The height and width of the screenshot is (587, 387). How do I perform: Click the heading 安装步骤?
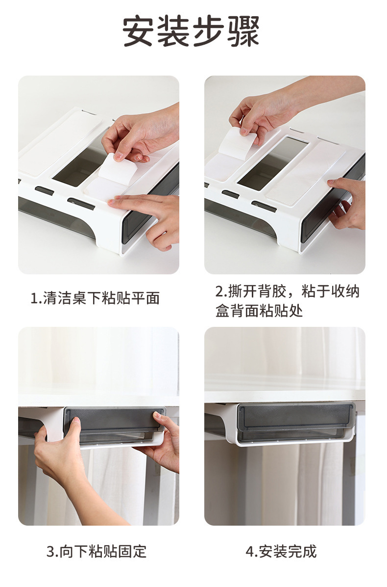pyautogui.click(x=191, y=31)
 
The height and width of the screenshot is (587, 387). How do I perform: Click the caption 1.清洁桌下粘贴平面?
pyautogui.click(x=95, y=298)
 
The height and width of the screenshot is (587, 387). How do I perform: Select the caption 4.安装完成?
pyautogui.click(x=281, y=552)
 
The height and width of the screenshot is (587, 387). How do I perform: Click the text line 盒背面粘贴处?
pyautogui.click(x=259, y=311)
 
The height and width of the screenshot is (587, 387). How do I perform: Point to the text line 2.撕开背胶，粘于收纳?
pyautogui.click(x=287, y=291)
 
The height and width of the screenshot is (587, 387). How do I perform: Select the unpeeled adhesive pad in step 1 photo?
pyautogui.click(x=60, y=142)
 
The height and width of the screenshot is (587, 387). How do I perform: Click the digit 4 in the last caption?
pyautogui.click(x=249, y=552)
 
